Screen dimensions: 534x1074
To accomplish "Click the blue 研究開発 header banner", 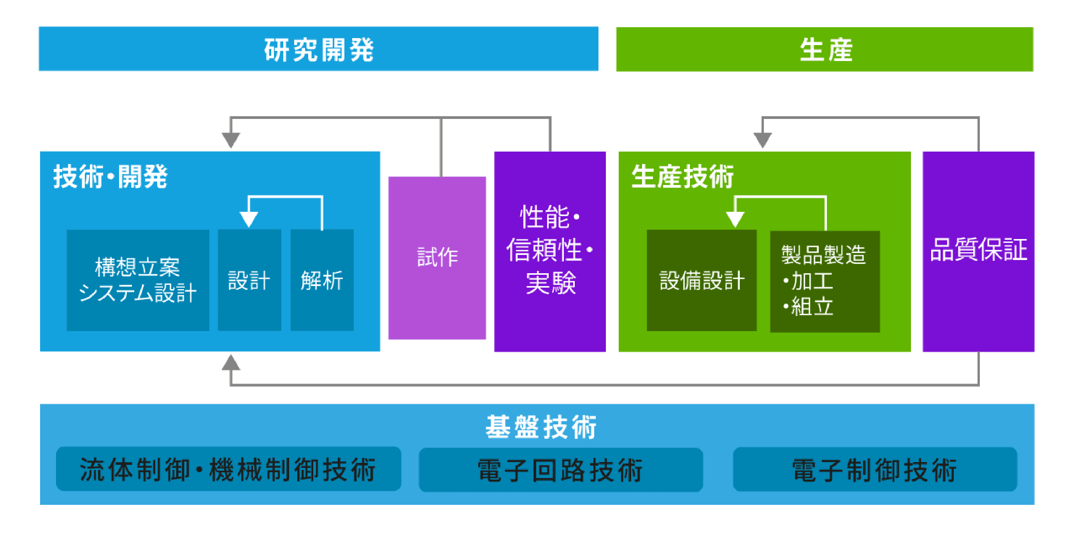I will point(319,49).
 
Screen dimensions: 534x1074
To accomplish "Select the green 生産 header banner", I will point(824,49).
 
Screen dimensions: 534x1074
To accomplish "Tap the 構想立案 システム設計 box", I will point(138,280).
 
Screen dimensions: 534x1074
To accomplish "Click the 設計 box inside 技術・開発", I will point(249,280).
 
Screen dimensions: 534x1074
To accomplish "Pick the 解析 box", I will point(322,280).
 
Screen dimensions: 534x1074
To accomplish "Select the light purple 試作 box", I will point(437,257).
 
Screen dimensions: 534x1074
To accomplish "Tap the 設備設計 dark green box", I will point(701,280).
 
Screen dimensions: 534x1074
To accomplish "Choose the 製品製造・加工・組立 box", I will point(824,281).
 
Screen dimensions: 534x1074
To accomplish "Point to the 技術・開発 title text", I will point(111,176).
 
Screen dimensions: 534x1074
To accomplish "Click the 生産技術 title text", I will point(682,176).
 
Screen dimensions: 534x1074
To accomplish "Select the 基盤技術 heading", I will point(541,427).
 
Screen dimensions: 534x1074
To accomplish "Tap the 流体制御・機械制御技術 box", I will point(228,469).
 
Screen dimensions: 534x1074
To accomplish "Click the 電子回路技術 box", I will point(560,470).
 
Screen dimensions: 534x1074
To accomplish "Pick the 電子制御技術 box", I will point(874,470).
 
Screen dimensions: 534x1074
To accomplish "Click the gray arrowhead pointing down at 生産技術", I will point(762,140).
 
